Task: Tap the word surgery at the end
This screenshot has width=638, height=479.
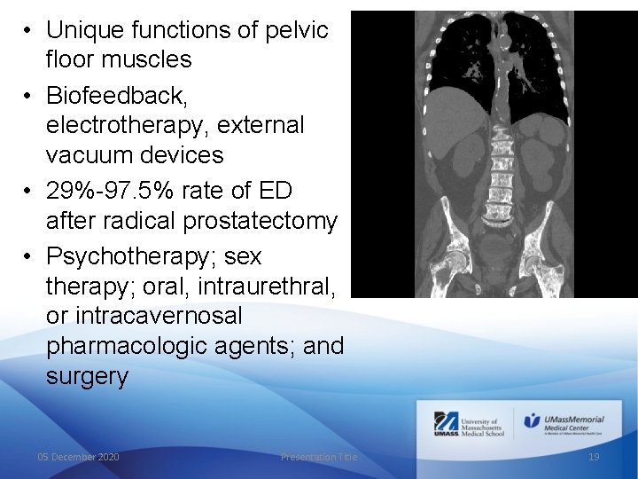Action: (x=87, y=377)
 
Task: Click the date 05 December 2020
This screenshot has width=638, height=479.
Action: (x=78, y=456)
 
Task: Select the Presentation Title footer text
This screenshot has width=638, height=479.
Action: (x=319, y=456)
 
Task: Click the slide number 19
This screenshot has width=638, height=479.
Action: (x=594, y=456)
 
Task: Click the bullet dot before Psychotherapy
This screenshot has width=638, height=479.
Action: (x=28, y=256)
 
